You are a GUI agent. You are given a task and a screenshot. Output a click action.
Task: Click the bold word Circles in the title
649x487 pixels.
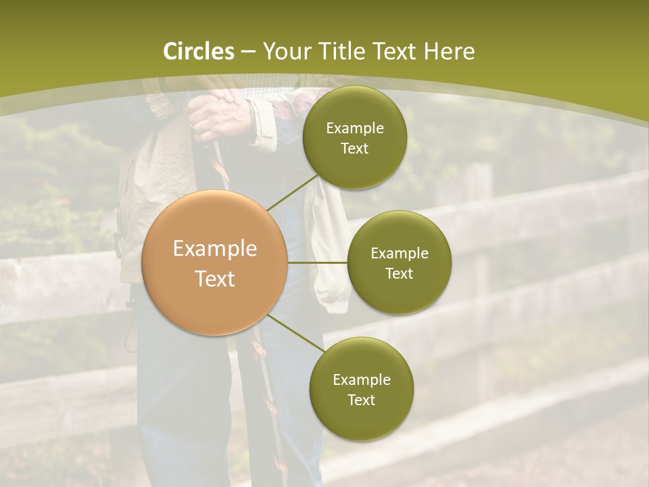click(x=199, y=51)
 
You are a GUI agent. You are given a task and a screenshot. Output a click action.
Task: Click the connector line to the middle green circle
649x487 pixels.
click(x=318, y=262)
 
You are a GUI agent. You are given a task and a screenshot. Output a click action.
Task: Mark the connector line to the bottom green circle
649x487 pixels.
click(x=296, y=333)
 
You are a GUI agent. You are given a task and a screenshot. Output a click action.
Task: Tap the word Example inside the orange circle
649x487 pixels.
click(x=215, y=249)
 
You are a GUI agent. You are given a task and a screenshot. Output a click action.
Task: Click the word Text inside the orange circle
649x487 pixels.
click(x=215, y=279)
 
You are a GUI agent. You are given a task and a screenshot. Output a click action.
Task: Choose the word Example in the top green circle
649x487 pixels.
click(x=355, y=129)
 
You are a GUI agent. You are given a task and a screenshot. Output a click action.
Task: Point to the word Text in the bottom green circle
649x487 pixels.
click(x=361, y=400)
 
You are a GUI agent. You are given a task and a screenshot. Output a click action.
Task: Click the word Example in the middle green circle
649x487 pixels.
click(x=400, y=254)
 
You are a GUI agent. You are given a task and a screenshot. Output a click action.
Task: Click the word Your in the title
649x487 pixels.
click(x=283, y=51)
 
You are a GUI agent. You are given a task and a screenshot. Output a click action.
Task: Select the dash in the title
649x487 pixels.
click(x=248, y=52)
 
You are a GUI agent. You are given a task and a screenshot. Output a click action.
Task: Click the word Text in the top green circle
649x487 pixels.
click(x=354, y=149)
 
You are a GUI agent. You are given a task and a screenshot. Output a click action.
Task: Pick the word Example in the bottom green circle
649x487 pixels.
click(x=362, y=379)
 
